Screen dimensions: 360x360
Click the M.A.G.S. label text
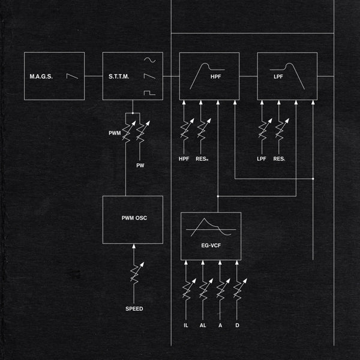click(41, 77)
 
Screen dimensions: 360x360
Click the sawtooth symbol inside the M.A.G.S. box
click(71, 77)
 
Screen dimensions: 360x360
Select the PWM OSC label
click(133, 218)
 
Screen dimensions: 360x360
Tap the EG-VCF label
click(211, 245)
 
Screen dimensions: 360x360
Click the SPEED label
click(134, 309)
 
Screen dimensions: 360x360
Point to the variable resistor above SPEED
click(136, 275)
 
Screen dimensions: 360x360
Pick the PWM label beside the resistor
click(115, 132)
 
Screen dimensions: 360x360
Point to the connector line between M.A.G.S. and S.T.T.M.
click(93, 77)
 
